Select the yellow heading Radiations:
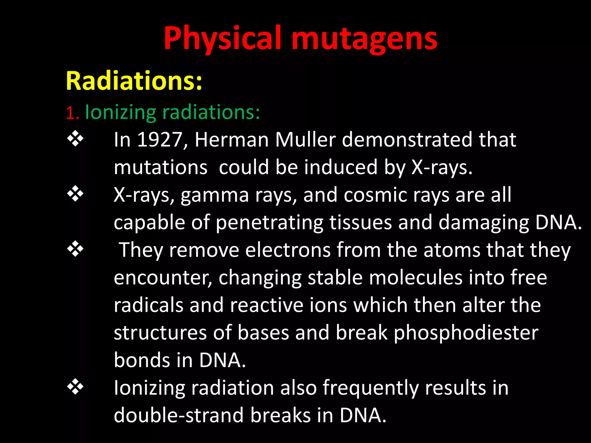click(x=134, y=81)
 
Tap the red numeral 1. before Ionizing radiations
click(x=72, y=113)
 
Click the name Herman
click(x=232, y=140)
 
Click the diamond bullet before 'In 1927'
click(x=75, y=139)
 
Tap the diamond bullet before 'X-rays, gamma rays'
click(x=75, y=194)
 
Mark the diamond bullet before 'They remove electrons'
click(x=75, y=249)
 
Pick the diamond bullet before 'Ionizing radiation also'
click(x=75, y=387)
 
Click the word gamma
click(x=215, y=196)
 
